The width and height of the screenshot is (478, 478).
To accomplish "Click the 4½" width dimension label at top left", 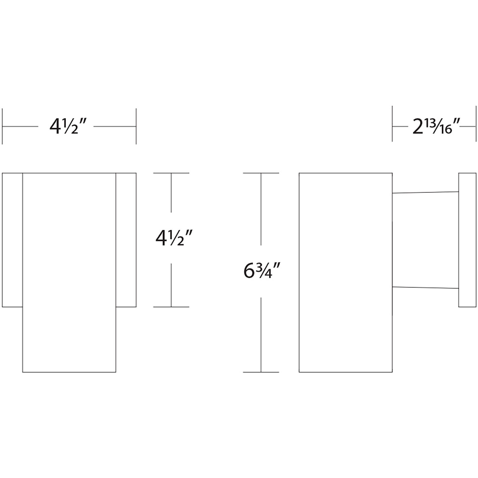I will click(x=68, y=127).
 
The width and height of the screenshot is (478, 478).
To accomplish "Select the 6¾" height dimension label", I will click(x=261, y=271).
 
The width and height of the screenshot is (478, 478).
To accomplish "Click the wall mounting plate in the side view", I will click(x=467, y=240).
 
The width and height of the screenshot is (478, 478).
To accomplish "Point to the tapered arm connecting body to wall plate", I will click(x=425, y=240).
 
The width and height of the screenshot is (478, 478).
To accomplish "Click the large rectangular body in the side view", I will click(x=345, y=272).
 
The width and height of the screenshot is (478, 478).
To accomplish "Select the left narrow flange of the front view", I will click(x=12, y=240).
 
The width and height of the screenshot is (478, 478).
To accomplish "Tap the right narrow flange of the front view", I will click(x=126, y=240).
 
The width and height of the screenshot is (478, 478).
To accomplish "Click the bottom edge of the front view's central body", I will click(x=69, y=372).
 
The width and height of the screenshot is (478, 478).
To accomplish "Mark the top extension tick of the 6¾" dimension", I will click(x=261, y=173).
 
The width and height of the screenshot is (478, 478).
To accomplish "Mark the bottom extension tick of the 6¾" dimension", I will click(x=261, y=372).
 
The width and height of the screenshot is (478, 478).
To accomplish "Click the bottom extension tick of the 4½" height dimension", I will click(x=171, y=307).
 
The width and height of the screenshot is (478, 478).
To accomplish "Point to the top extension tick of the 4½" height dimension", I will click(x=171, y=173).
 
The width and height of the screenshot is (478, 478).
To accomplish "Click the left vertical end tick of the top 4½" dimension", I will click(x=2, y=126).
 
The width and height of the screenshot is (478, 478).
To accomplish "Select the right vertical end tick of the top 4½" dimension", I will click(x=136, y=126).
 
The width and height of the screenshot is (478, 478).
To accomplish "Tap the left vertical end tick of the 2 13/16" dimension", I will click(x=392, y=124).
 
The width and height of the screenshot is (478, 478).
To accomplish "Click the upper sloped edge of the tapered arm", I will click(x=425, y=192).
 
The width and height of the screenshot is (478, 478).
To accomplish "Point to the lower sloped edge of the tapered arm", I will click(x=425, y=287).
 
